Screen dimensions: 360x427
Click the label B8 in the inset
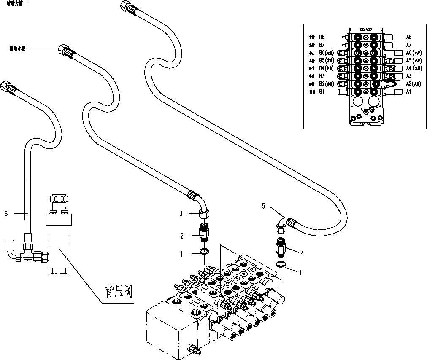coord(322,37)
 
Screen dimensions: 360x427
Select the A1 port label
coord(408,91)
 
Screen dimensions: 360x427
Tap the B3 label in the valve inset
coord(322,76)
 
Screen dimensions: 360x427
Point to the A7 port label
coord(408,45)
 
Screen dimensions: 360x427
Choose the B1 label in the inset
coord(322,91)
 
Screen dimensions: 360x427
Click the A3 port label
coord(408,76)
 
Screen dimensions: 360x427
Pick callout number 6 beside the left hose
coord(6,214)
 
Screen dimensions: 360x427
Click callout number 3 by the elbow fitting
coord(181,214)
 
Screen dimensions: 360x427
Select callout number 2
coord(182,236)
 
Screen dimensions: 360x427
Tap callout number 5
coord(263,206)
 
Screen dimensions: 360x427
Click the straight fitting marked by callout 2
coord(204,232)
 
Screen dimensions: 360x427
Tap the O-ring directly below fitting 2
coord(205,252)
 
